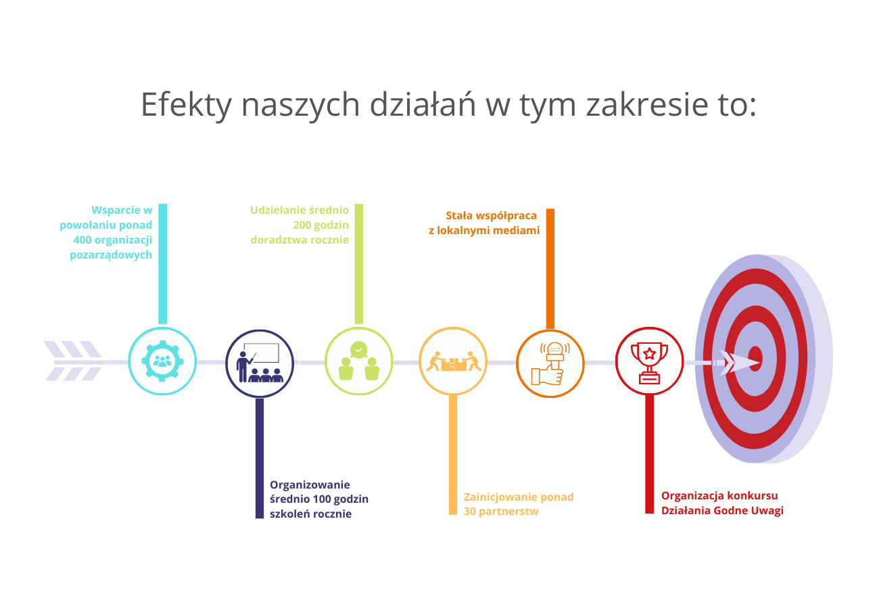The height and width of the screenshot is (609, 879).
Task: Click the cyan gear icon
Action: click(162, 361)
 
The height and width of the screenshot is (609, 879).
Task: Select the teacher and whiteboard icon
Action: click(260, 363)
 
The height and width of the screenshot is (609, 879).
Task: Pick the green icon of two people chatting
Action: click(358, 361)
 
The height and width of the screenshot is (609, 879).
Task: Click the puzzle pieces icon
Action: click(453, 361)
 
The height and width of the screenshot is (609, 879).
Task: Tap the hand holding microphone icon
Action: click(550, 363)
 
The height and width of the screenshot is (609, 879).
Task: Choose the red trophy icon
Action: click(649, 363)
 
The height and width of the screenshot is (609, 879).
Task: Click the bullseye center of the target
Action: click(755, 359)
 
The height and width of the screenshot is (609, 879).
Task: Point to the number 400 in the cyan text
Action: click(82, 240)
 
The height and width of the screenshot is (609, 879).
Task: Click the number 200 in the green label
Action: click(302, 225)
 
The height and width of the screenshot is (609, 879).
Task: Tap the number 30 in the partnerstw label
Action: click(470, 512)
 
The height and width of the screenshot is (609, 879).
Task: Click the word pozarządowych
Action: click(111, 255)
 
